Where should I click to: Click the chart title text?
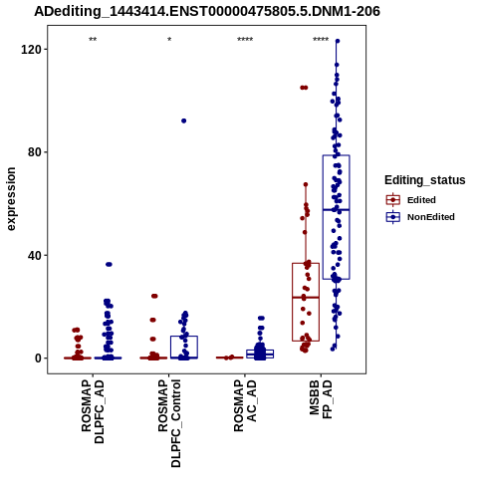(207, 11)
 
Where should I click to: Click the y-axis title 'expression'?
(11, 199)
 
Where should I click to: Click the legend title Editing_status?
(425, 180)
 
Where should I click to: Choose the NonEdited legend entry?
(420, 217)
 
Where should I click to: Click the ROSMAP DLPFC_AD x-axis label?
(93, 412)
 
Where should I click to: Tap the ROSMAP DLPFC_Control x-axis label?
(169, 423)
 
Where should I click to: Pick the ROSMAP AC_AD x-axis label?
(245, 405)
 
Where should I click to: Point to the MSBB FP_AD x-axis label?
(321, 399)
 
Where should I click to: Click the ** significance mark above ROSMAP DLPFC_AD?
(93, 40)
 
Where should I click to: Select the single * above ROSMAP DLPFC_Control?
(169, 40)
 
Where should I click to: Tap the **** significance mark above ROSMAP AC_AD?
(245, 40)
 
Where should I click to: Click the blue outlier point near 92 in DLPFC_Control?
(183, 120)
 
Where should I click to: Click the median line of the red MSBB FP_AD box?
(306, 298)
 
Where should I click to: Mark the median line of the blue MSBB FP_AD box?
(336, 210)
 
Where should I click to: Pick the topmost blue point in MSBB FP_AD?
(338, 41)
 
